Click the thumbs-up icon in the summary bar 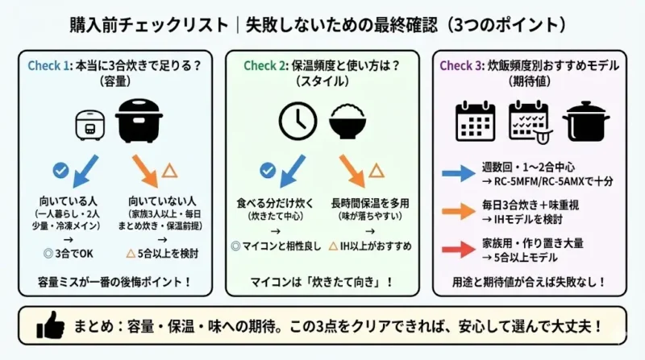tap(50, 325)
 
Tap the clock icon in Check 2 tap(298, 122)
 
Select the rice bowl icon tap(347, 121)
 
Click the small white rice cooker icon tap(90, 126)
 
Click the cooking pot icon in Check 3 tap(586, 122)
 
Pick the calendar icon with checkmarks tap(531, 122)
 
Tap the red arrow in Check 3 tap(459, 249)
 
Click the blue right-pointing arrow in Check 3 tap(459, 173)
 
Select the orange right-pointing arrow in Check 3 tap(459, 211)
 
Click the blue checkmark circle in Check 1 tap(61, 170)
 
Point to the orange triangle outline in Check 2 tap(377, 170)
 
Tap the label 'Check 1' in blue tap(48, 66)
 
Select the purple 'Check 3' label tap(461, 66)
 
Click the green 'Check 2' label tap(265, 66)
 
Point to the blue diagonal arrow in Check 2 tap(293, 172)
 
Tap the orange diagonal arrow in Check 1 tap(145, 172)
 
